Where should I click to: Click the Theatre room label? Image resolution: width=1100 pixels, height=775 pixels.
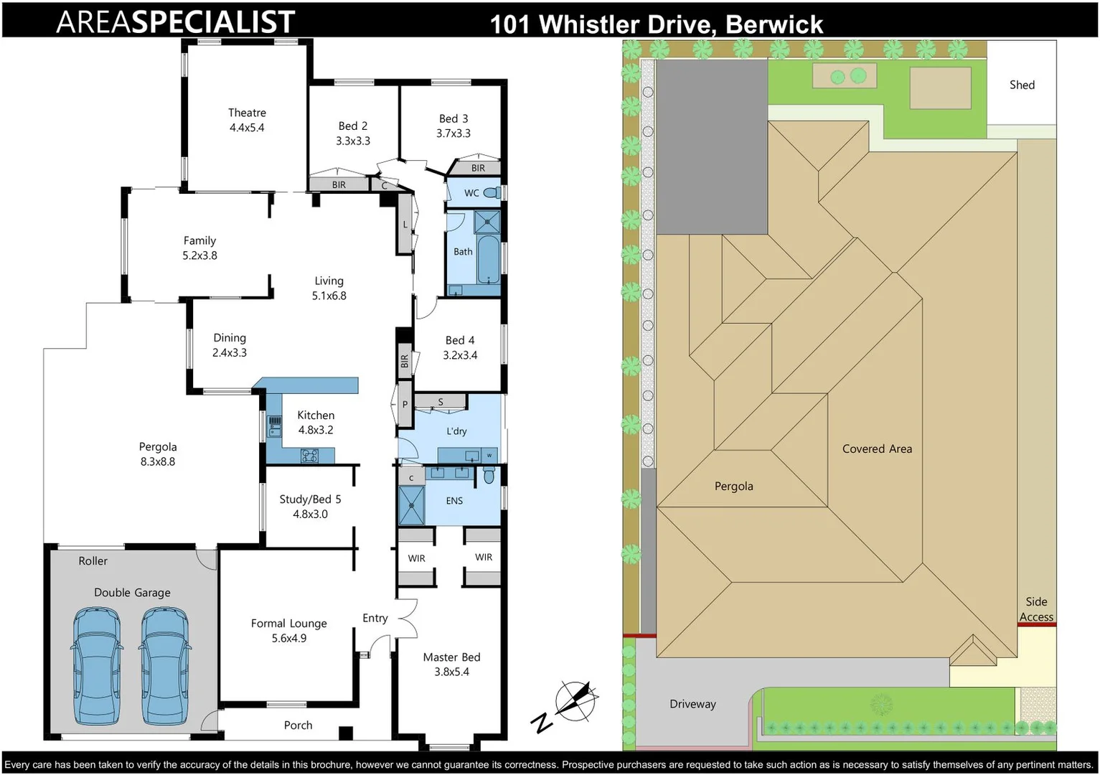tap(247, 113)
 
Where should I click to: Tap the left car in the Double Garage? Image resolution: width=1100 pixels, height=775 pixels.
tap(96, 667)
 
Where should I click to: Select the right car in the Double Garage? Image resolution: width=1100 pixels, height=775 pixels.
tap(164, 667)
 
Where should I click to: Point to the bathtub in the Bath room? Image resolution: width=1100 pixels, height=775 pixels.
tap(488, 258)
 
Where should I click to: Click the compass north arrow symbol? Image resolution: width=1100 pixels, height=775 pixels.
tap(574, 700)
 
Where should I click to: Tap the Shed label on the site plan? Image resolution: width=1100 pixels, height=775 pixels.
tap(1022, 85)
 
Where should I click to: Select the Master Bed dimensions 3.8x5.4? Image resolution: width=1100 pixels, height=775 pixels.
tap(451, 672)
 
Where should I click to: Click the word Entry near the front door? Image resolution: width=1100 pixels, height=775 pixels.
tap(375, 618)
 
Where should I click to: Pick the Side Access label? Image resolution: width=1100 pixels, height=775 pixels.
tap(1036, 609)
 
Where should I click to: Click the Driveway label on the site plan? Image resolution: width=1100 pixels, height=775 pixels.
tap(692, 704)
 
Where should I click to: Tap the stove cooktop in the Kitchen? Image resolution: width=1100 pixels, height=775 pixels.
tap(309, 455)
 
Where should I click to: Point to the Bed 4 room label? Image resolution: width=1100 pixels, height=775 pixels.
tap(459, 340)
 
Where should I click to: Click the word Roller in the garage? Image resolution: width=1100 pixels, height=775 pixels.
tap(93, 561)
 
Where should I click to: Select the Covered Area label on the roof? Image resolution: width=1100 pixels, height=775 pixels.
tap(877, 448)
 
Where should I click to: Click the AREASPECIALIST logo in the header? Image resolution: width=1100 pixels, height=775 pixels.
tap(176, 22)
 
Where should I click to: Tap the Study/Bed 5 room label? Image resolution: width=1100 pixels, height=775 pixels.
tap(310, 499)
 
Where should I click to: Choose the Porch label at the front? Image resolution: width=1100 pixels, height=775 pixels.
tap(298, 725)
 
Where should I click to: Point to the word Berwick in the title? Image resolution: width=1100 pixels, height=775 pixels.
tap(774, 24)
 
